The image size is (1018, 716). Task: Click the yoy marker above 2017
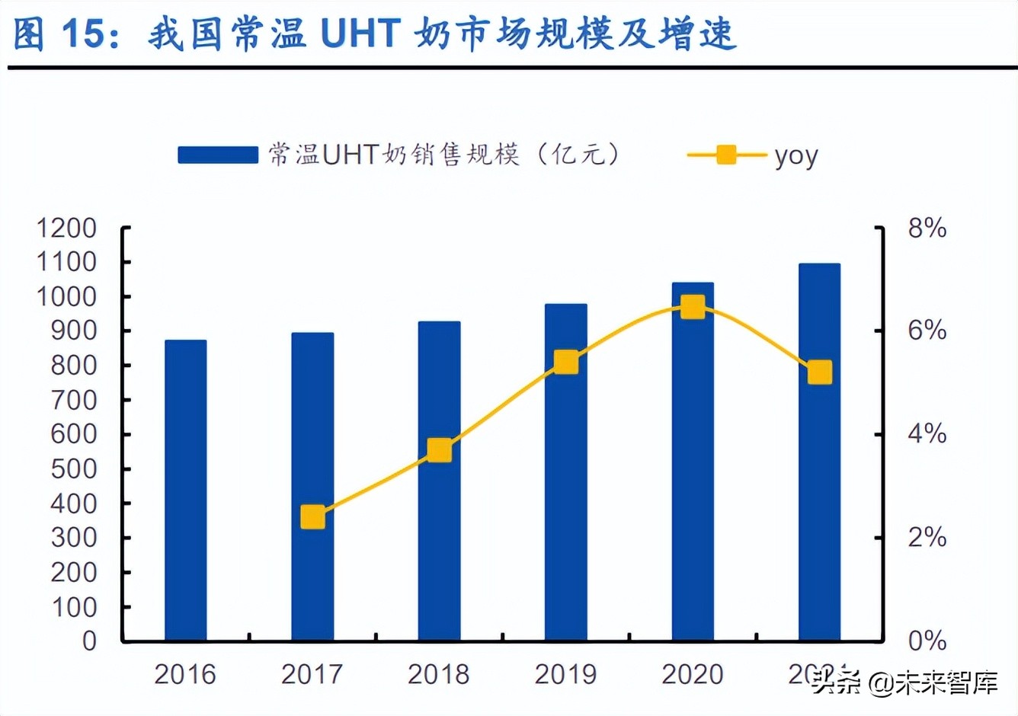click(312, 517)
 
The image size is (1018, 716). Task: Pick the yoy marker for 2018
click(439, 450)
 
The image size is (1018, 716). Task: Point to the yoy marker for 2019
click(565, 362)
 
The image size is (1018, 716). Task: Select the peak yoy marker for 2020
click(693, 307)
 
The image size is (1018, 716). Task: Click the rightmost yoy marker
click(820, 372)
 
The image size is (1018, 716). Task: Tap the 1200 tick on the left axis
click(67, 228)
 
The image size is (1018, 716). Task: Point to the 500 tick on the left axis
click(73, 468)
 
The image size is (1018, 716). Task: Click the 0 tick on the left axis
click(89, 641)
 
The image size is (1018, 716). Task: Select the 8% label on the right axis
click(927, 228)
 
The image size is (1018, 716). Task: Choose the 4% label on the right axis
click(927, 434)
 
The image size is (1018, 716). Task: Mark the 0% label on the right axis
click(927, 641)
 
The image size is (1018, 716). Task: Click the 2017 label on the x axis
click(312, 674)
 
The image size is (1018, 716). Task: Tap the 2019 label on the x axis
click(565, 674)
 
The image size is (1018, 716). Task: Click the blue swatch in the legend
click(218, 155)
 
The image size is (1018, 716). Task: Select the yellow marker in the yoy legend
click(726, 155)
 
